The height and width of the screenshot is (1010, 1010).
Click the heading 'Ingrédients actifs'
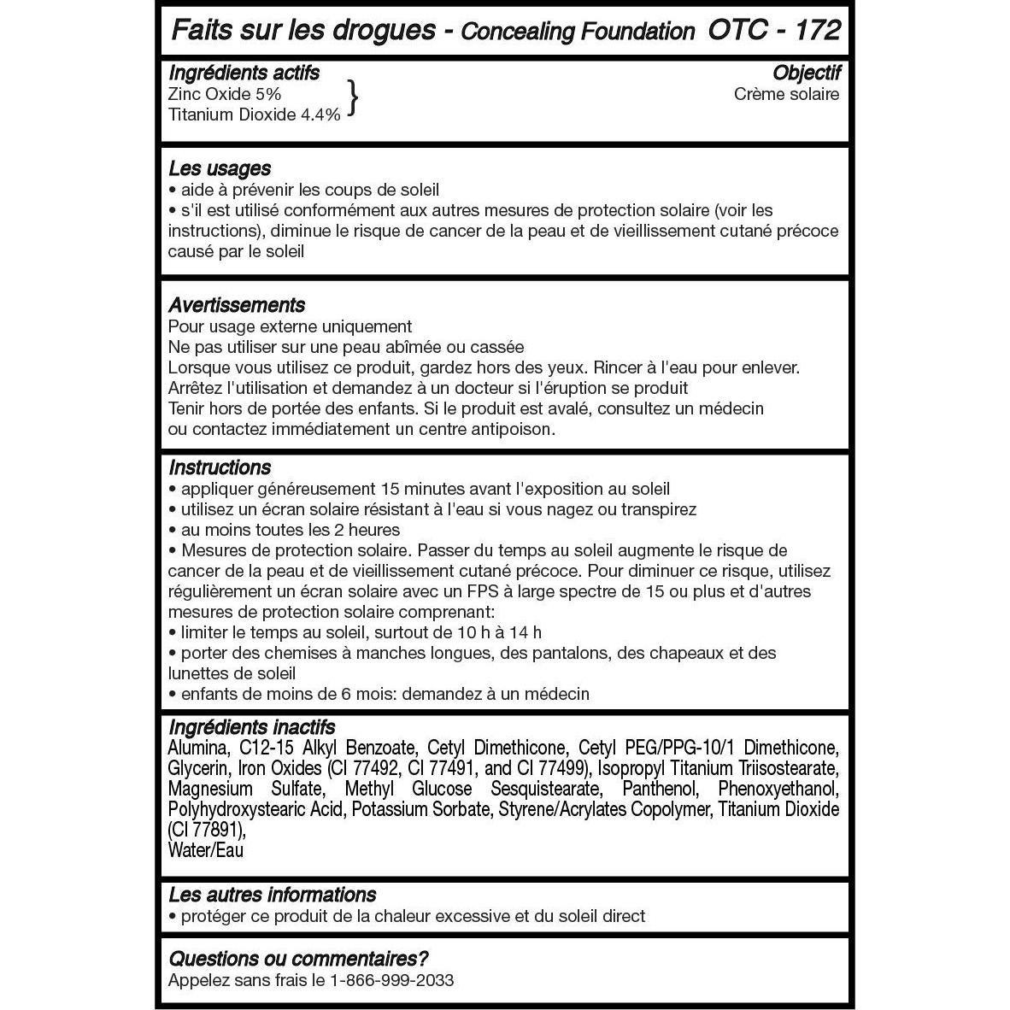(x=244, y=73)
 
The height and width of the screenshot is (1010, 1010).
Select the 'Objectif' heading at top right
(x=807, y=73)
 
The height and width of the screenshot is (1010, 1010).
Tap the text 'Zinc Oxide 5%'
(x=225, y=94)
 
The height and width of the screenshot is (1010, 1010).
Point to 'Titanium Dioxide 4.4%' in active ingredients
(x=255, y=115)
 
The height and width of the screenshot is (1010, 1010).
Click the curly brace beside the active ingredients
(x=351, y=98)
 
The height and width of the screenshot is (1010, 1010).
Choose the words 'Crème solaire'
(x=786, y=94)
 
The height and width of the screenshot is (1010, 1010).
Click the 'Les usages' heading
(x=220, y=168)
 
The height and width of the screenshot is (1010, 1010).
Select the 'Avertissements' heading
(x=237, y=305)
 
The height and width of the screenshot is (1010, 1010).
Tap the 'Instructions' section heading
(x=220, y=467)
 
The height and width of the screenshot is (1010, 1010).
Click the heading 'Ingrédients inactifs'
(x=252, y=727)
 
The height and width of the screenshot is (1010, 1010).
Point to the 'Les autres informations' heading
(x=272, y=895)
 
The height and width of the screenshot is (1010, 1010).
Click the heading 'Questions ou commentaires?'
(x=298, y=959)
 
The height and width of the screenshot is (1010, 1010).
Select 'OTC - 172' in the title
(x=774, y=30)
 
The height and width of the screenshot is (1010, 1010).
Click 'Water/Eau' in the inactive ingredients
(x=206, y=850)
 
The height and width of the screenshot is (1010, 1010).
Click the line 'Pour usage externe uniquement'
(x=290, y=326)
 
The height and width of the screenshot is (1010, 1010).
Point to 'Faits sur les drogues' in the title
(x=304, y=30)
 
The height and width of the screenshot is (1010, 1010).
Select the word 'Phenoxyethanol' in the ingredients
(x=778, y=789)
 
